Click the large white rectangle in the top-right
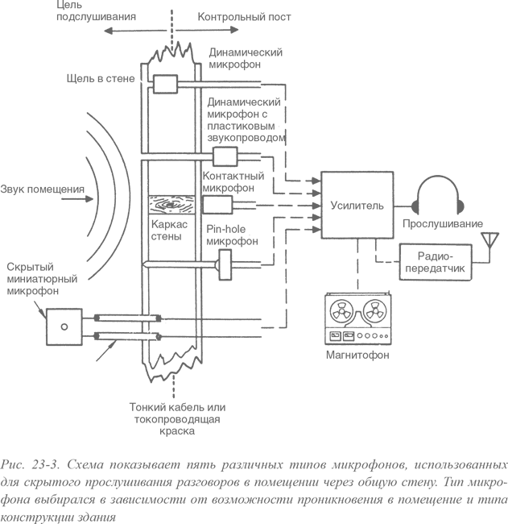[432, 56]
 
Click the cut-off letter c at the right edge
[506, 465]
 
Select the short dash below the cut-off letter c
[506, 483]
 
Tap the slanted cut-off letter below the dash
[506, 501]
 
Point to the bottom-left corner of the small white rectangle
[474, 460]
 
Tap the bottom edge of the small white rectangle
[490, 460]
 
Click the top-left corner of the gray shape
[1, 1]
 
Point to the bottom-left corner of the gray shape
[1, 522]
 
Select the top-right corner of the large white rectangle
[506, 1]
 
